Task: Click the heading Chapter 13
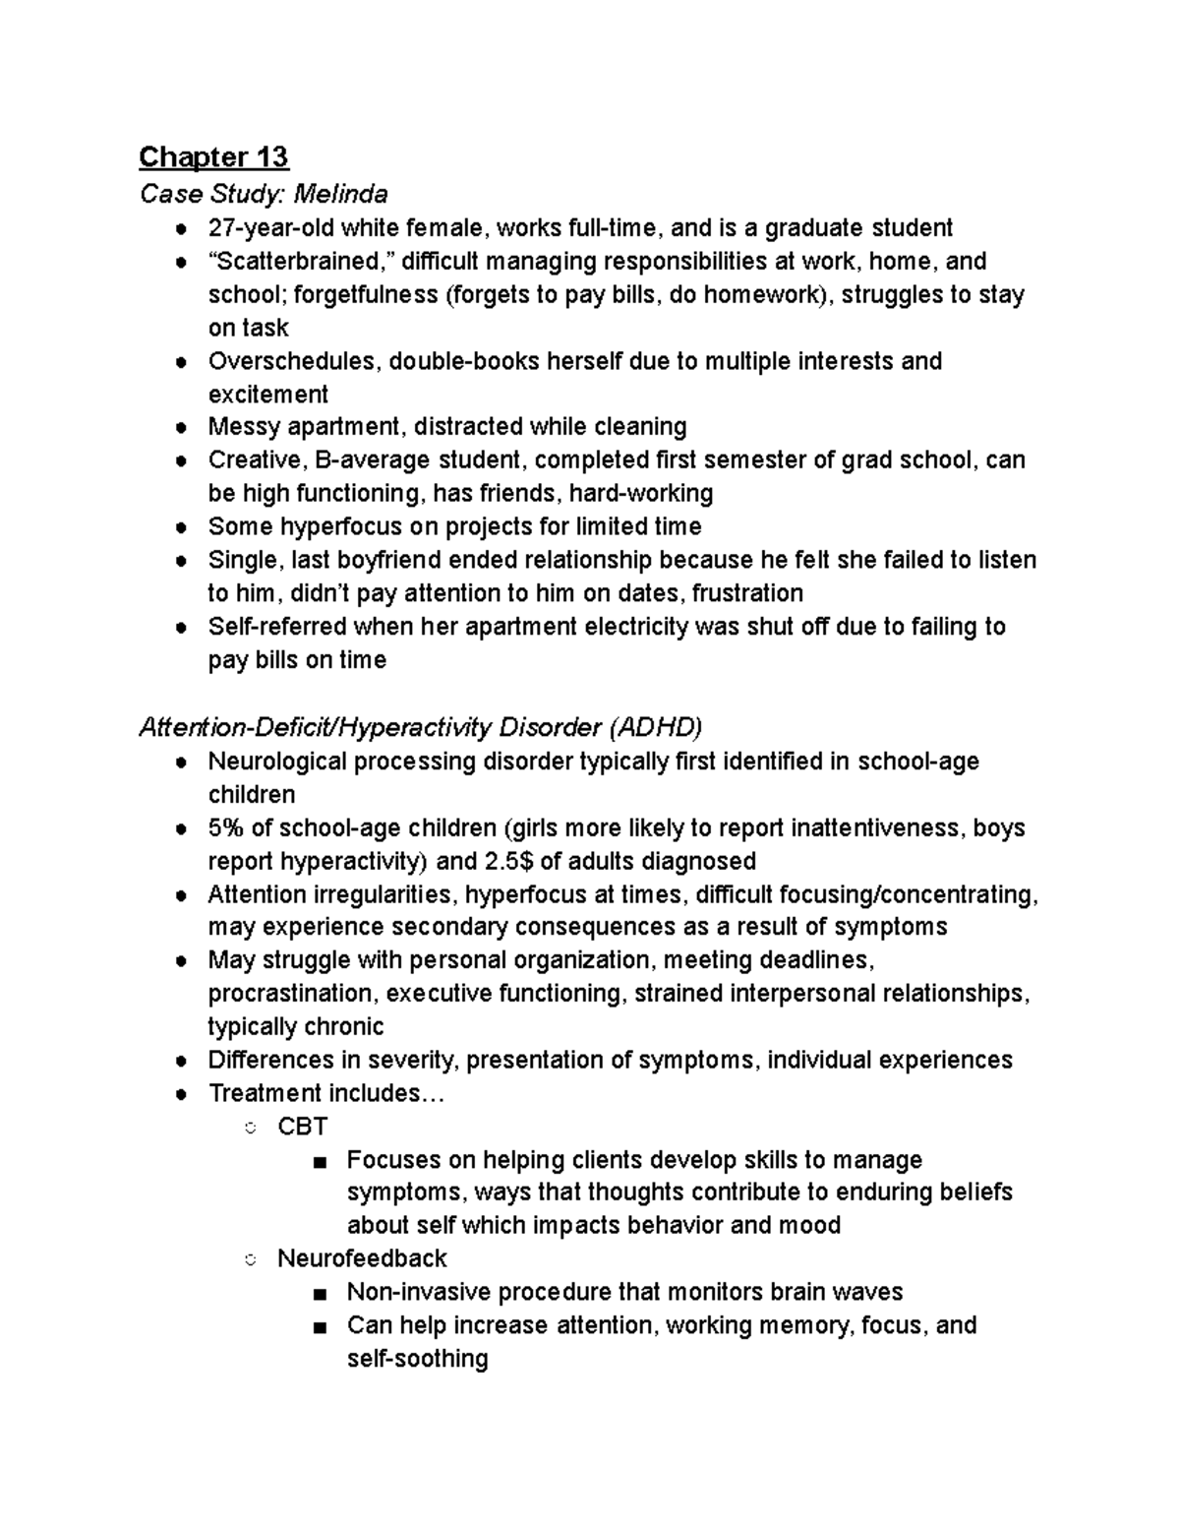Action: tap(213, 157)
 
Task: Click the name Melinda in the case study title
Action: tap(347, 194)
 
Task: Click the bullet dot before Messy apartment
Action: tap(180, 428)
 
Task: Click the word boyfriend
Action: tap(390, 561)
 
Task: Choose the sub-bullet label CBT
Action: tap(302, 1127)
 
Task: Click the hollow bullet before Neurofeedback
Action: tap(251, 1259)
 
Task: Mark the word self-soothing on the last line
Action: tap(417, 1360)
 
